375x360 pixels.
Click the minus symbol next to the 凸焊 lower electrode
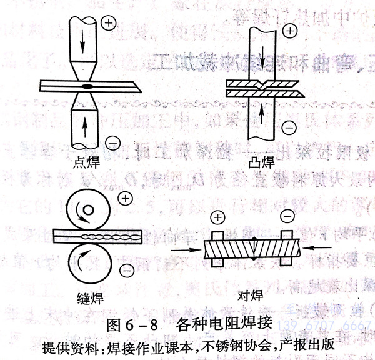pyautogui.click(x=288, y=129)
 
